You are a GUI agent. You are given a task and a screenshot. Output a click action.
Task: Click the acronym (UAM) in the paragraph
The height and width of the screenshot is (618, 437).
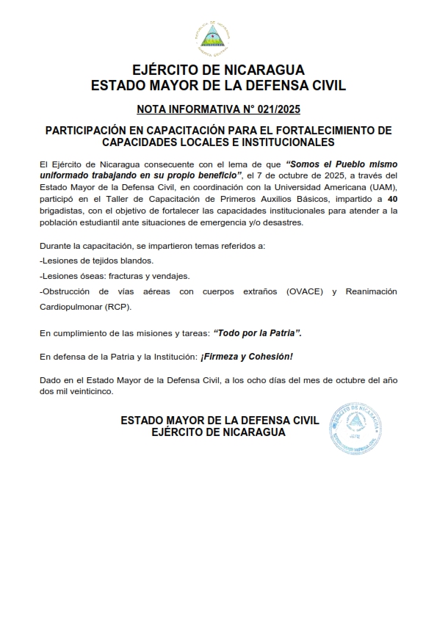[382, 186]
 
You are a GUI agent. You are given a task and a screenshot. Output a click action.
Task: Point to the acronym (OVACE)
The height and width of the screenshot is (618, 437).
[300, 292]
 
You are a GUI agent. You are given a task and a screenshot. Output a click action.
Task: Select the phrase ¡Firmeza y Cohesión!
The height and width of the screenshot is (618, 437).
[247, 357]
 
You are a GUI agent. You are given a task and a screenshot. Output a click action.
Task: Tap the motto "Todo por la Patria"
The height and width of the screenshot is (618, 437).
[258, 333]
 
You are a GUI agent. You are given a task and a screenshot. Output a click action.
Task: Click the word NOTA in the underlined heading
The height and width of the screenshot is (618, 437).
[153, 111]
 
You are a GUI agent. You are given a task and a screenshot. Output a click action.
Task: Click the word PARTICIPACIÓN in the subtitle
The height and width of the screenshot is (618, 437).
[90, 131]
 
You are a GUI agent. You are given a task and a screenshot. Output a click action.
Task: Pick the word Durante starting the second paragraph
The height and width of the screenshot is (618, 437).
[57, 245]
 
